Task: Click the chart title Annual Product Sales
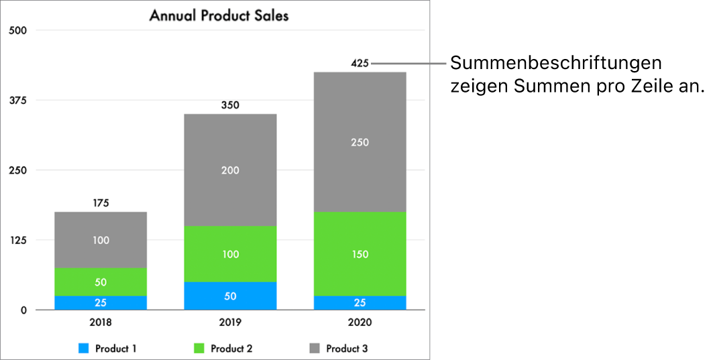click(x=219, y=15)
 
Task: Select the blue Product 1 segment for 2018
click(x=101, y=302)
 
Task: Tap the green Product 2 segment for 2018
click(x=101, y=282)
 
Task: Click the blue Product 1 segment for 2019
click(x=230, y=296)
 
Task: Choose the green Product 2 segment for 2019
click(x=230, y=254)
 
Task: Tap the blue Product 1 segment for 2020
click(x=360, y=302)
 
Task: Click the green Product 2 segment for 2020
click(x=360, y=254)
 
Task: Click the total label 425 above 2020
click(x=360, y=64)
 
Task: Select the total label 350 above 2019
click(x=230, y=105)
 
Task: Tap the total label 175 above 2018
click(x=101, y=203)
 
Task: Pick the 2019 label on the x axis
click(x=230, y=322)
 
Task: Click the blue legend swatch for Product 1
click(x=84, y=349)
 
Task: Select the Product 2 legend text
click(x=231, y=349)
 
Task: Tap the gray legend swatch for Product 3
click(x=315, y=349)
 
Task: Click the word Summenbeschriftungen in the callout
click(x=556, y=64)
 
